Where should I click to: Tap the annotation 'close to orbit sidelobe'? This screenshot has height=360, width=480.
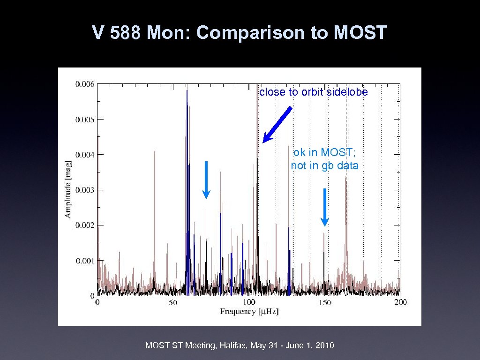314,92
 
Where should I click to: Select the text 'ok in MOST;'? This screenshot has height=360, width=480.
324,153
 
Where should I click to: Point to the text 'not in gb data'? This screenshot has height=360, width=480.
324,165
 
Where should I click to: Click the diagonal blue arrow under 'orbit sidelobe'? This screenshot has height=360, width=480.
277,124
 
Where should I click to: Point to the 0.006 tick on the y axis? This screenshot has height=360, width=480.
85,84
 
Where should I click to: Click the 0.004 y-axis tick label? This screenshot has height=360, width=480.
85,155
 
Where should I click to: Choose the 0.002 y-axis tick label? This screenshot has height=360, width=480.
85,225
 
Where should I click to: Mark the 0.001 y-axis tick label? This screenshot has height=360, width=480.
85,261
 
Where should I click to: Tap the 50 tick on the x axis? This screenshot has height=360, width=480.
173,303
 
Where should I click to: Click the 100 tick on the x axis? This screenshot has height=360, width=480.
249,303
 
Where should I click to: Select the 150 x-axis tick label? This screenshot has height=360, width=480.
324,303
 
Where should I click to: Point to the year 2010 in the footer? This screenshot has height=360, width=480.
325,346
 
